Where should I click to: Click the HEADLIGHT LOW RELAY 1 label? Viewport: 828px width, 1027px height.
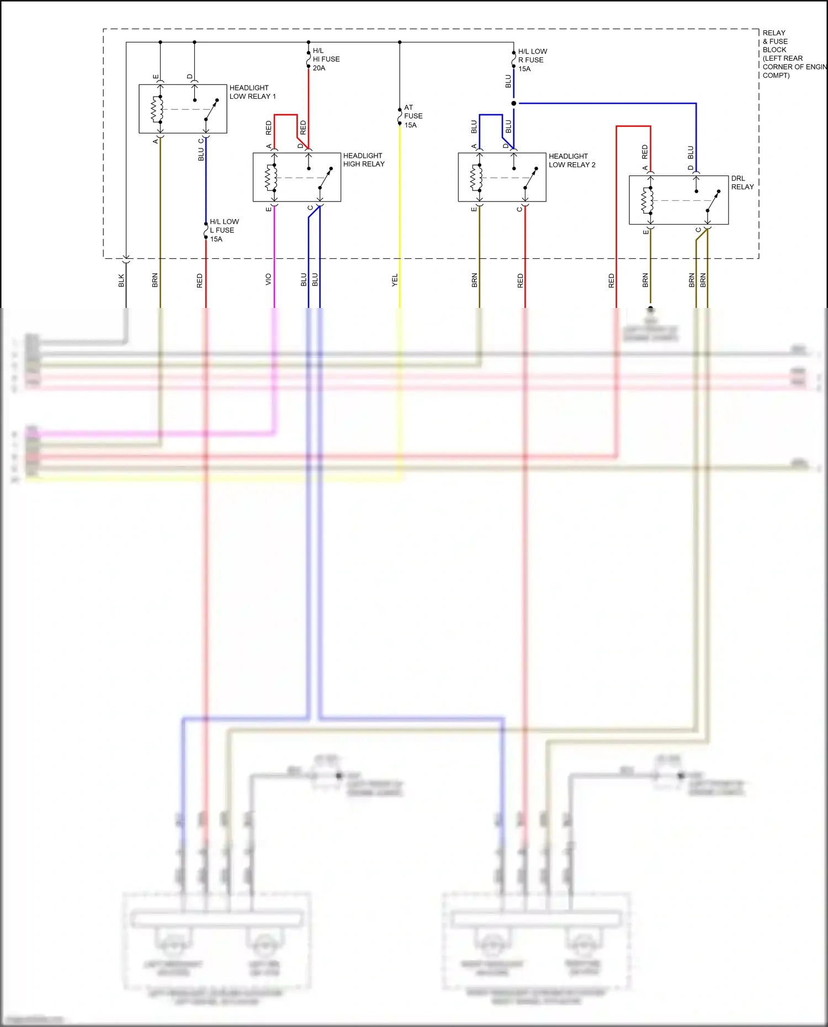(252, 92)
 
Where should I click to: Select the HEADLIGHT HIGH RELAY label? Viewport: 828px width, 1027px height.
(364, 160)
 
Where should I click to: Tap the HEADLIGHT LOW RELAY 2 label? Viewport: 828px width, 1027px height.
(572, 161)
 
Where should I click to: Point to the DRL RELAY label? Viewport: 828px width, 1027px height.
(742, 183)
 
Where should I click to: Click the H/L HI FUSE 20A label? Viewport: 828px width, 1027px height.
(326, 60)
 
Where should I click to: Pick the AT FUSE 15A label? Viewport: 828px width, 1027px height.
(413, 116)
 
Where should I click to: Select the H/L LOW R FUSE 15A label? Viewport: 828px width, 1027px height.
(532, 60)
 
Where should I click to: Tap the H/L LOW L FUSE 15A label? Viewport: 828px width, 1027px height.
(224, 231)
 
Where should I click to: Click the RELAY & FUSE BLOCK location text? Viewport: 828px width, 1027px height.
(789, 54)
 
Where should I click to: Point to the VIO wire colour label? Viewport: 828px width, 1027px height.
(268, 279)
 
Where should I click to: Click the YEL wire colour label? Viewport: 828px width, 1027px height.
(395, 280)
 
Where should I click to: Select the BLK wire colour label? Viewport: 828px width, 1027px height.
(121, 280)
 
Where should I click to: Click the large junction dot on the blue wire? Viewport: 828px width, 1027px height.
(514, 103)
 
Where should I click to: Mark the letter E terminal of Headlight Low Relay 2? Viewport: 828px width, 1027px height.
(474, 209)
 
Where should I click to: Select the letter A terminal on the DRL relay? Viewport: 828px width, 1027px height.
(645, 168)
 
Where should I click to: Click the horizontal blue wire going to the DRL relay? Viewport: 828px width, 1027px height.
(607, 103)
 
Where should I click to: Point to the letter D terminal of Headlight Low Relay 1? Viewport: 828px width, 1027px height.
(189, 77)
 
